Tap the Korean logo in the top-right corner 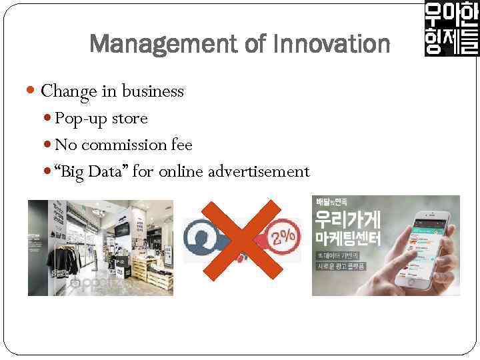451,29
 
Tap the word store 130,119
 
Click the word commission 125,145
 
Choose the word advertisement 259,172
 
